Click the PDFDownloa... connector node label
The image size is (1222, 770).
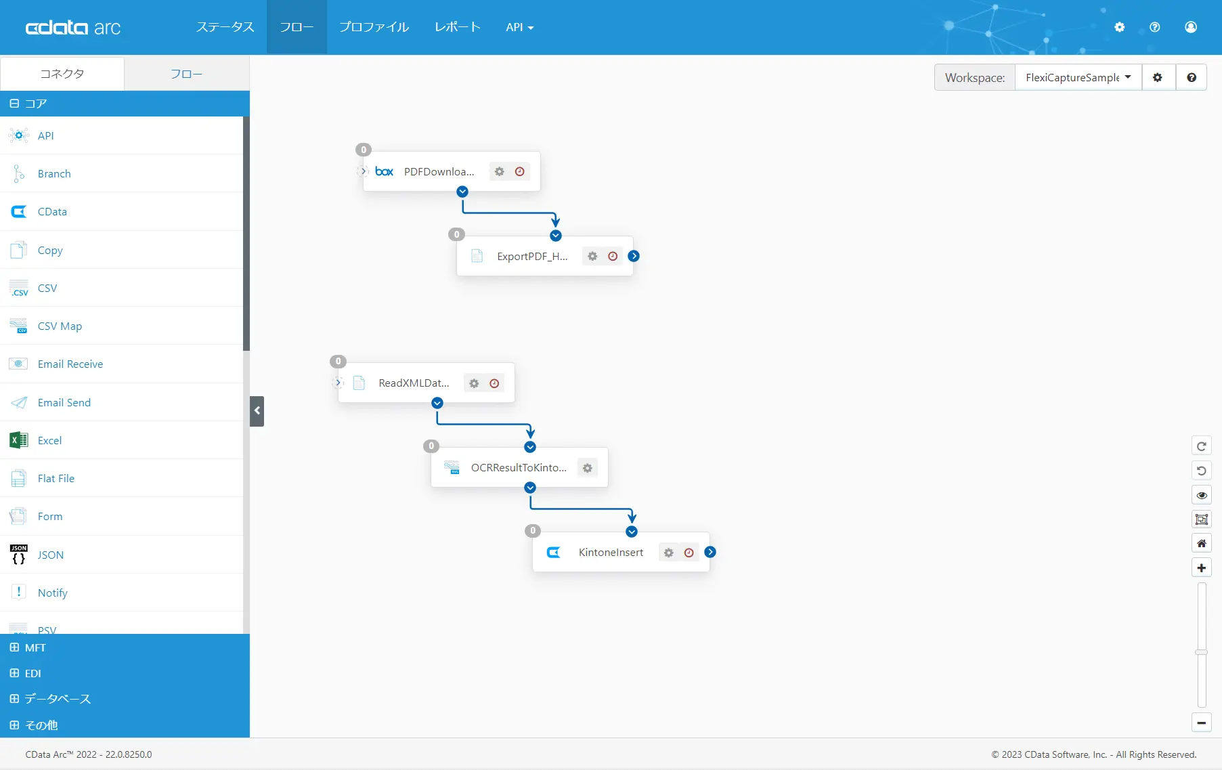pos(439,172)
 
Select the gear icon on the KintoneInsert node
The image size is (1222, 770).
pos(669,553)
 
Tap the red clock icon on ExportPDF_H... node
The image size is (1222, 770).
pos(613,257)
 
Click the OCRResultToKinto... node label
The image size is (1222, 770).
pos(519,468)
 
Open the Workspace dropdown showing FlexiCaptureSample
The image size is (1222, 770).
pos(1078,78)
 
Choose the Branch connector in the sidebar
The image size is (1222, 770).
pos(54,174)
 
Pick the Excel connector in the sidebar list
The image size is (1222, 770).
pos(49,441)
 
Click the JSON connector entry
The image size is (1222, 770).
pos(51,555)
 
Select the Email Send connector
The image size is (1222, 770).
pos(64,403)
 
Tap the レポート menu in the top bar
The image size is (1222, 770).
pos(458,27)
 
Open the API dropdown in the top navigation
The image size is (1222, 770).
pos(519,27)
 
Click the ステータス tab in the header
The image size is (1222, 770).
pos(225,27)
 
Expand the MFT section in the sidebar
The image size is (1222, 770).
pos(35,648)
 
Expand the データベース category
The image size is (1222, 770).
pos(58,699)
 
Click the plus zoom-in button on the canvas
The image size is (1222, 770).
pos(1202,568)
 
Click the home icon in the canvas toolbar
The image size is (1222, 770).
pos(1202,544)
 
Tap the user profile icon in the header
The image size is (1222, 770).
pos(1191,27)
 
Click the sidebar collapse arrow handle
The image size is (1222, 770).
pos(257,411)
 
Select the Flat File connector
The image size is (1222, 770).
pos(56,479)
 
